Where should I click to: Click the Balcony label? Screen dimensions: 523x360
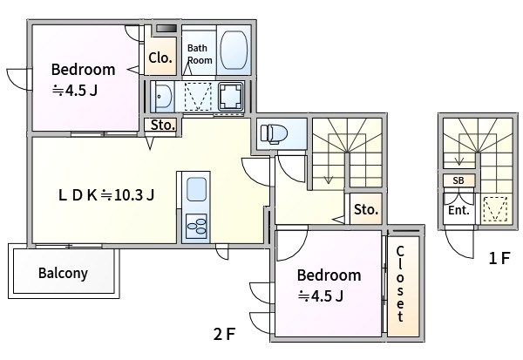tap(63, 273)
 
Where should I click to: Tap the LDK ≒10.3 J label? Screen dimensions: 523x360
tap(106, 195)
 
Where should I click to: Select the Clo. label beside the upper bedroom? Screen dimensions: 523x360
tap(160, 58)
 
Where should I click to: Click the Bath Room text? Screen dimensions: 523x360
tap(200, 54)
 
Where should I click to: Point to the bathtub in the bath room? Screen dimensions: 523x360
tap(234, 50)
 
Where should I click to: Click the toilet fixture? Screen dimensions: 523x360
tap(274, 133)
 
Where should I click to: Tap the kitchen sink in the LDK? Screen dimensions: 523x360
tap(196, 189)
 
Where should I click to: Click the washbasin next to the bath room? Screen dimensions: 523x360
tap(162, 97)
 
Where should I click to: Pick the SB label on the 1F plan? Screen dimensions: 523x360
tap(458, 180)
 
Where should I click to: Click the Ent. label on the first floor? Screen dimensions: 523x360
tap(458, 211)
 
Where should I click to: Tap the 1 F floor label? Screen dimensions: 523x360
tap(499, 258)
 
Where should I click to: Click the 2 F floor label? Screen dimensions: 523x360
tap(225, 334)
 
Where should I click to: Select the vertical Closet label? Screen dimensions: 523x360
tap(401, 283)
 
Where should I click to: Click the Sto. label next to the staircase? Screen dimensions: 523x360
tap(366, 209)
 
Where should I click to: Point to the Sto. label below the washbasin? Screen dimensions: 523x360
tap(163, 126)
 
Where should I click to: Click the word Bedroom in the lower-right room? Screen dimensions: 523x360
tap(329, 275)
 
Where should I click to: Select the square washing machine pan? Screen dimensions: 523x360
tap(231, 96)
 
